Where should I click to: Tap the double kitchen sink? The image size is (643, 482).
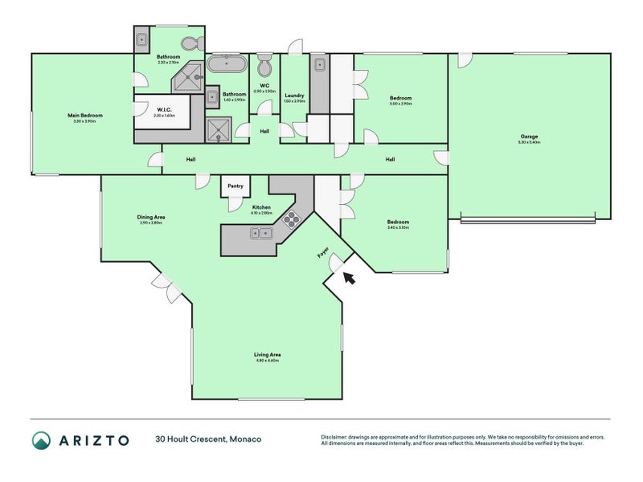click(261, 233)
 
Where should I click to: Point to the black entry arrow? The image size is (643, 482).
click(347, 277)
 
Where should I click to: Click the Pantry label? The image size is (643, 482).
click(235, 186)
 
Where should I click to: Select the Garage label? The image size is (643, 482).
click(529, 136)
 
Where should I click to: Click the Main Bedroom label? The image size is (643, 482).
click(84, 115)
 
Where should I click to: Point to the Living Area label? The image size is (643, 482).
click(267, 354)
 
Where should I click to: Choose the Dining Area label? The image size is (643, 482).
click(151, 217)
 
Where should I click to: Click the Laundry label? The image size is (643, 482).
click(294, 95)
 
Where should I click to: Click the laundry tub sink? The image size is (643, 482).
click(319, 65)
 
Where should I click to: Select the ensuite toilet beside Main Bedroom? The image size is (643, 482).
click(189, 43)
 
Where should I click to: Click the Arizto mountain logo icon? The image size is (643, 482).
click(42, 439)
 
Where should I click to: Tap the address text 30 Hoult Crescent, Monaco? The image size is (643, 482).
click(207, 439)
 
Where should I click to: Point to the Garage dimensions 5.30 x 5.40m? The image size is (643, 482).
click(529, 142)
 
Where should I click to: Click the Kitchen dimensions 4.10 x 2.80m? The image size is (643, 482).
click(260, 213)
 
